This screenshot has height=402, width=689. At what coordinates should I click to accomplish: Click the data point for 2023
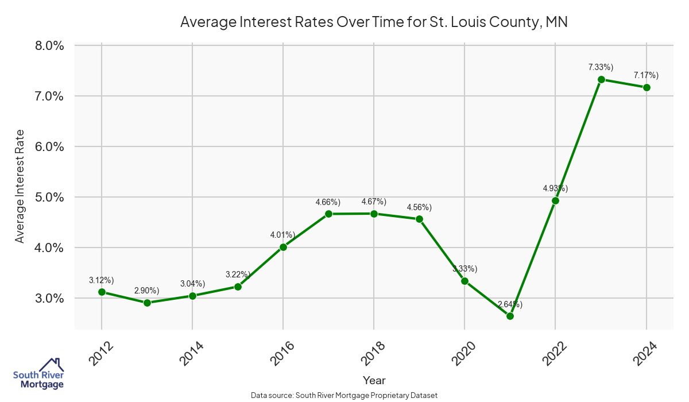[601, 79]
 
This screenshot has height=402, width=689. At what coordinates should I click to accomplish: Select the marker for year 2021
[510, 316]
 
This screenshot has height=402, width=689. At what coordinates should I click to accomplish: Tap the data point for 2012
[102, 292]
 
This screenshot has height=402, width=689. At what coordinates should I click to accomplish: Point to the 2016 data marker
[283, 247]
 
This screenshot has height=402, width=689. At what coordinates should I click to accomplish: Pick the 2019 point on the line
[419, 219]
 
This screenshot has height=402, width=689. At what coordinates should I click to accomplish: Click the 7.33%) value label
[601, 67]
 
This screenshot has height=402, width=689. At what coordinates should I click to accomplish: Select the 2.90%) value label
[147, 291]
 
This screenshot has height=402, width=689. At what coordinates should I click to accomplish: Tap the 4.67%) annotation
[374, 202]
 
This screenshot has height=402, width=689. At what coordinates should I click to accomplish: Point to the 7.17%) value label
[646, 75]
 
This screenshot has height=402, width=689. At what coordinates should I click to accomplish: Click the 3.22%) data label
[238, 275]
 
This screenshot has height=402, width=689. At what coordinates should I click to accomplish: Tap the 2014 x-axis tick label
[191, 354]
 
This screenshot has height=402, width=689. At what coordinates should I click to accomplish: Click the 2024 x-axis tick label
[645, 354]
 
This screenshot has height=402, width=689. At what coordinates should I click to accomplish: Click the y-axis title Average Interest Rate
[20, 186]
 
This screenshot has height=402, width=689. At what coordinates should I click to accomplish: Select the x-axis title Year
[374, 380]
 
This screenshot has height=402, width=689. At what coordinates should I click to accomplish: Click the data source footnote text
[344, 395]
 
